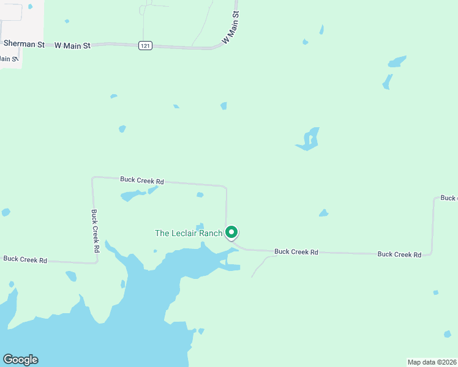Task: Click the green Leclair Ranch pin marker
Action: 231,232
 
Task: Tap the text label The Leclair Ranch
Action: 189,233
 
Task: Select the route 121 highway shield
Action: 145,46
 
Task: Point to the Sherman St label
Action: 24,43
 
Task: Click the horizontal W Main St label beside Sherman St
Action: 72,45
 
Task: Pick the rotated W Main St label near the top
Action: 230,27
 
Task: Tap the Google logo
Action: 20,360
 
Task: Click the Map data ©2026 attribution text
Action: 432,362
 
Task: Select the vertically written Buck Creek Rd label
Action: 95,231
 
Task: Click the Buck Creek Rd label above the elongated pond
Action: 142,180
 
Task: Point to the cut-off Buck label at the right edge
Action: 448,198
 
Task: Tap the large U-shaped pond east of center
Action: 309,139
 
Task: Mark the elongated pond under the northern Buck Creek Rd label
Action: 133,196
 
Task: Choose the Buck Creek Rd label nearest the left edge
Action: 25,259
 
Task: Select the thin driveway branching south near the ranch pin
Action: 260,264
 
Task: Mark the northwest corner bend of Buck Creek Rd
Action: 92,178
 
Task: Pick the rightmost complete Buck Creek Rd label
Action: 399,254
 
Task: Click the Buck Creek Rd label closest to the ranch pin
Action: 296,251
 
